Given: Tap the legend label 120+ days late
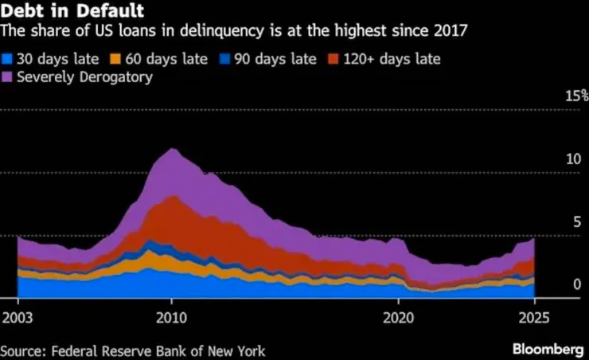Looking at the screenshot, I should (x=389, y=60).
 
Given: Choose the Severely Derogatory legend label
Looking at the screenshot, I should (x=84, y=77).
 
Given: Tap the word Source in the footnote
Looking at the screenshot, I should (x=21, y=350).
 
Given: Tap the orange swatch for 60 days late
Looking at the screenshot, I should (x=115, y=60).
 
